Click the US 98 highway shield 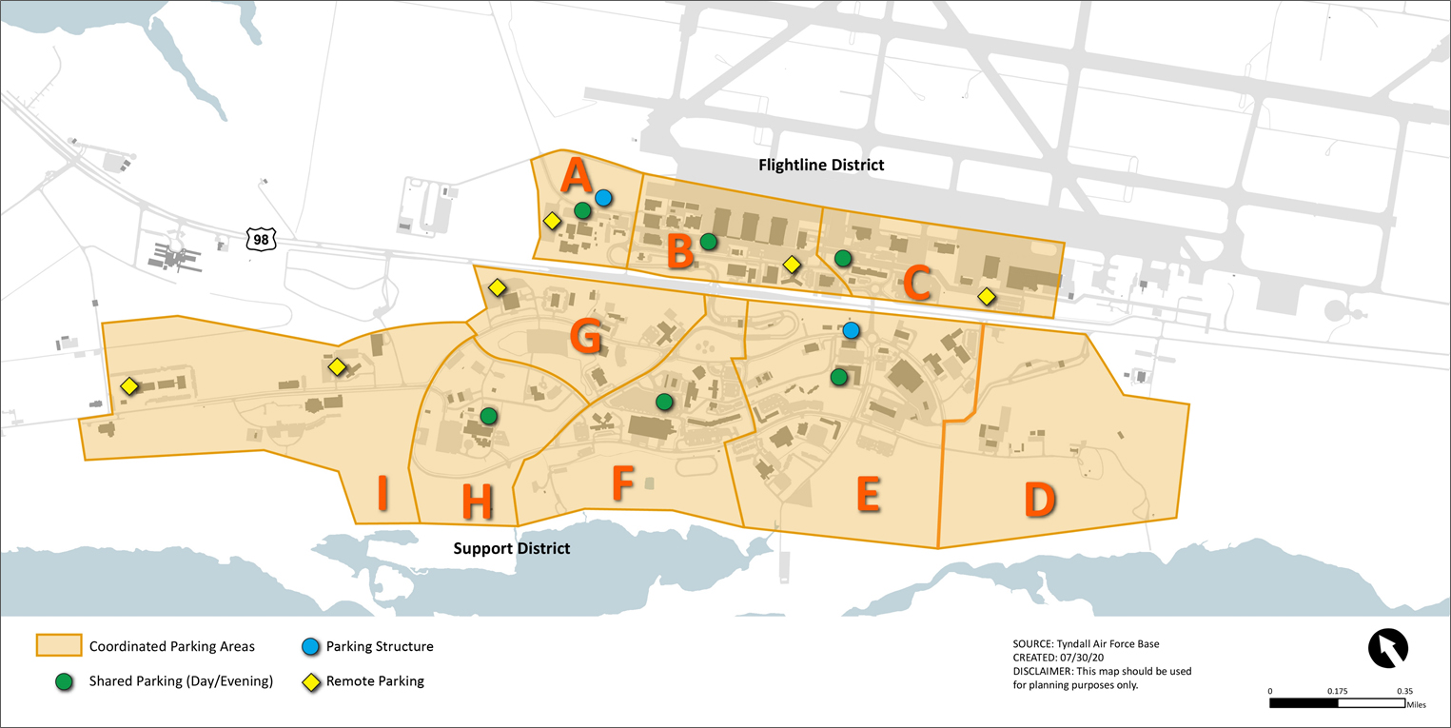(x=261, y=239)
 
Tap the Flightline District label (x=821, y=165)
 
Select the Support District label (x=511, y=549)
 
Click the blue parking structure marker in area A (x=603, y=198)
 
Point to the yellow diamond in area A (x=552, y=221)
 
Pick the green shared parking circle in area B (x=708, y=242)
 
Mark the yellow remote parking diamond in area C (x=987, y=297)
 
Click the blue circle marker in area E (x=852, y=330)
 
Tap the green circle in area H (x=489, y=416)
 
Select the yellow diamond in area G (x=497, y=286)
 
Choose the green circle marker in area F (x=664, y=402)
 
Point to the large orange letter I (x=382, y=493)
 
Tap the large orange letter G (x=584, y=337)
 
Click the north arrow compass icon (x=1387, y=649)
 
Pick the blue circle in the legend (x=308, y=647)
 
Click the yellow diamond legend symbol (x=308, y=681)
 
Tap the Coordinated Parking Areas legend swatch (x=57, y=646)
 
